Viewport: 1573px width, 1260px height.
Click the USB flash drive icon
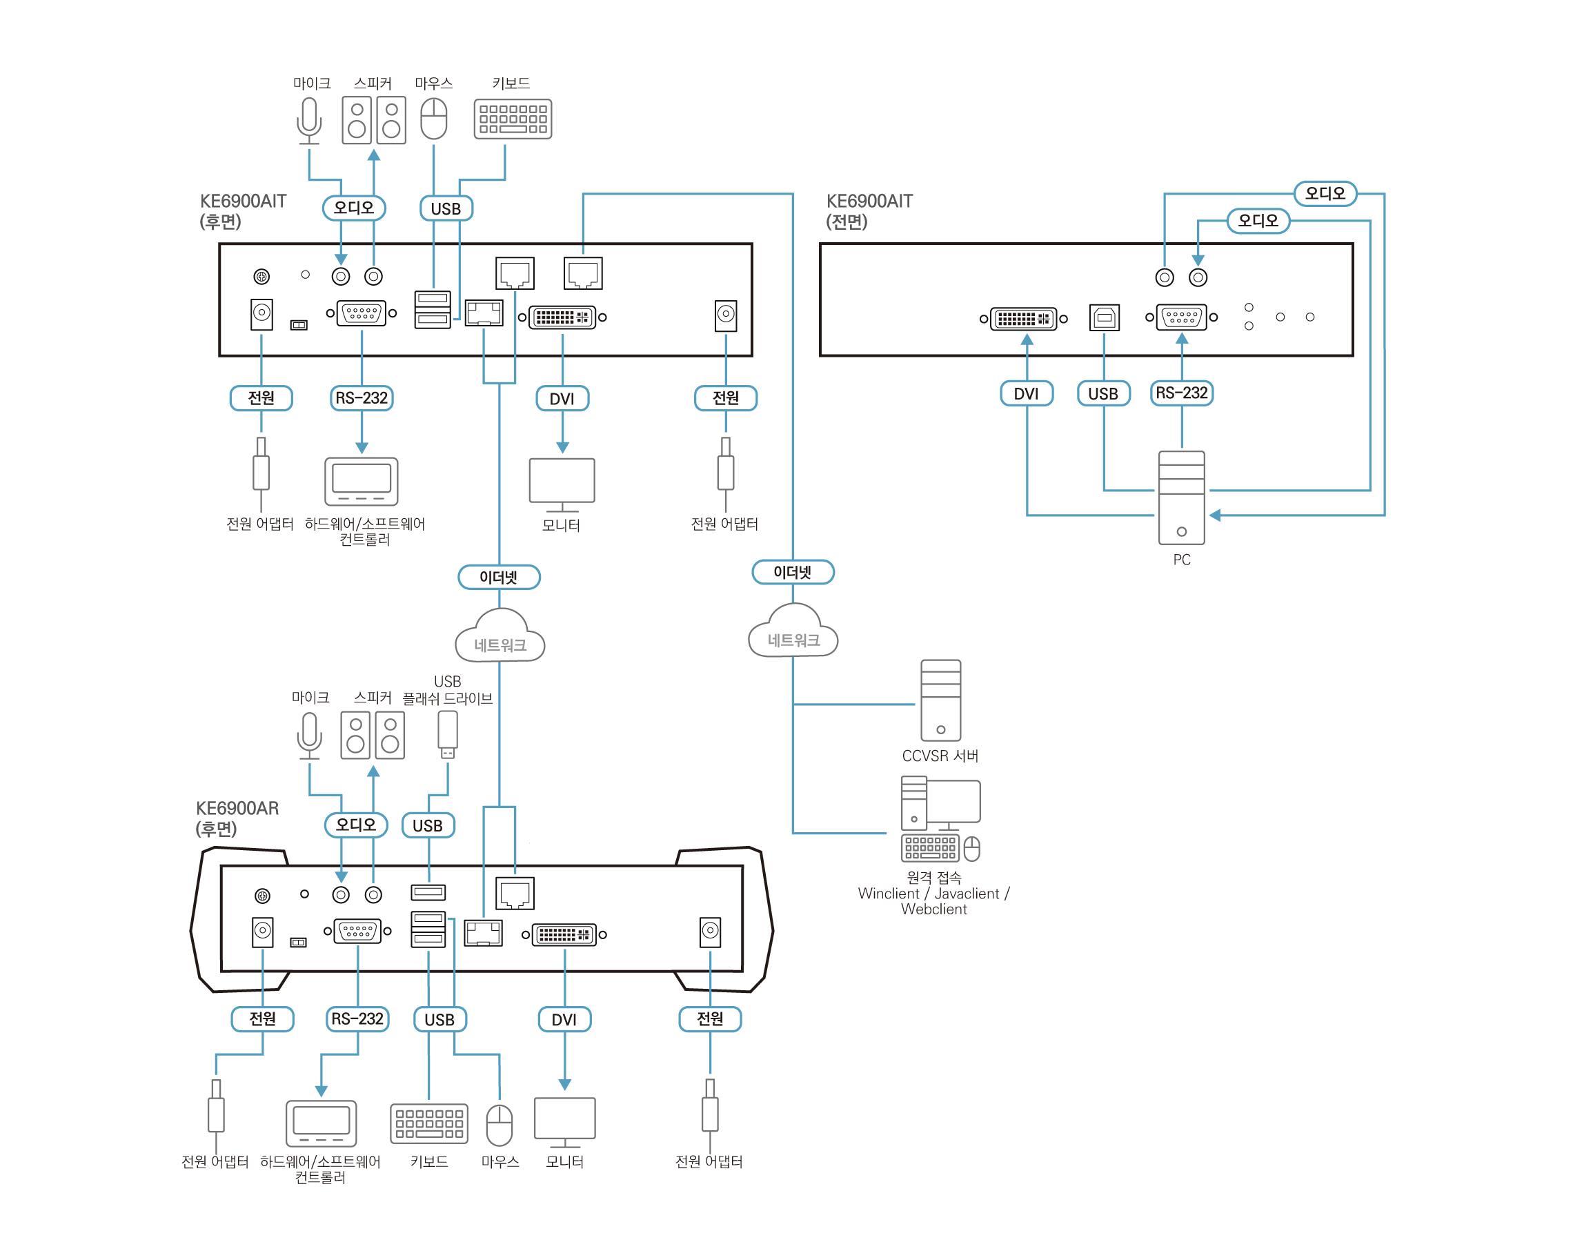click(x=447, y=734)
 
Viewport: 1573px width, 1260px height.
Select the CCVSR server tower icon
click(x=940, y=700)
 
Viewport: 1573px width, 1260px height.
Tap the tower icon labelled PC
click(x=1181, y=498)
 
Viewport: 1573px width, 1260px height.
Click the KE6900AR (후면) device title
click(x=237, y=818)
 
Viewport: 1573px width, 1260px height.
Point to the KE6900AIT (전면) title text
click(x=869, y=211)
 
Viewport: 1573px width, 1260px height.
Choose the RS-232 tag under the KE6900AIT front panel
click(x=1181, y=393)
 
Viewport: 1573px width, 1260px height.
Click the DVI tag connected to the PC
click(x=1026, y=394)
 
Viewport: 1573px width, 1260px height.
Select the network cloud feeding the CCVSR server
click(x=793, y=633)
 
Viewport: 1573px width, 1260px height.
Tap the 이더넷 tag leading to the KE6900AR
click(x=499, y=577)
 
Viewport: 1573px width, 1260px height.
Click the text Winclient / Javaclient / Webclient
click(x=933, y=901)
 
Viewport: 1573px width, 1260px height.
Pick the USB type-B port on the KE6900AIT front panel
click(x=1104, y=317)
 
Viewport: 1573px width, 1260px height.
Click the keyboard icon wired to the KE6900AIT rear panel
click(x=512, y=119)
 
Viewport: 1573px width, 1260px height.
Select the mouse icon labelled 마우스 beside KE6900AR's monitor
click(x=499, y=1125)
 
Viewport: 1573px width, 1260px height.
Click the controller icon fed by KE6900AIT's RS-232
click(x=361, y=481)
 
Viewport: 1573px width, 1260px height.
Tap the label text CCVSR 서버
click(x=940, y=756)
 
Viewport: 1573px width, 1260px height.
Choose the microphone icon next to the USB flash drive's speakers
click(x=309, y=735)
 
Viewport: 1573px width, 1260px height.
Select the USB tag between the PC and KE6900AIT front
click(x=1103, y=394)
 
